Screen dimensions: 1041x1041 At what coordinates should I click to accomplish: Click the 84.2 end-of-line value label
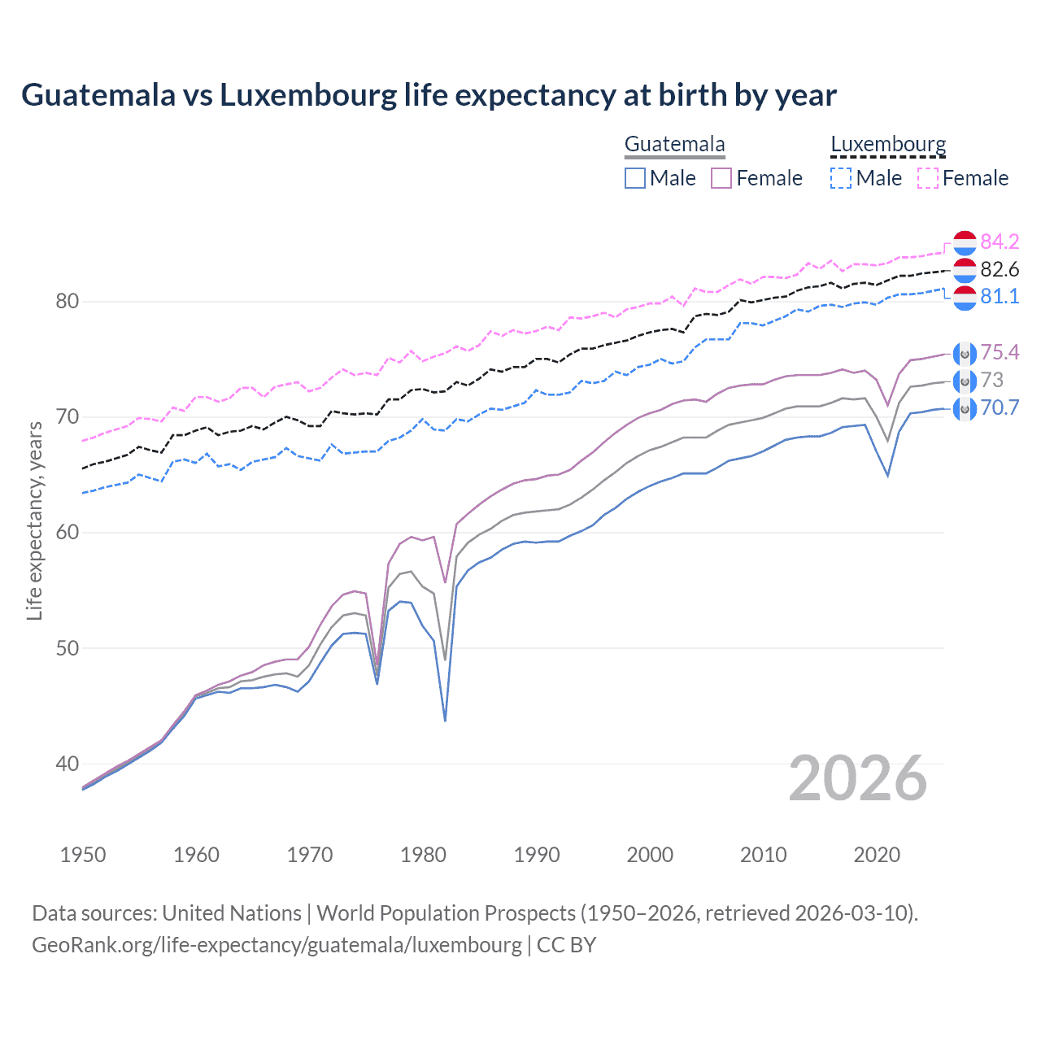pos(1000,242)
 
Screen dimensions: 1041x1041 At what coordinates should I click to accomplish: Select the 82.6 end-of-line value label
pos(1000,269)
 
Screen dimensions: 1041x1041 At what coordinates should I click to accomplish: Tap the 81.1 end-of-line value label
pos(1000,296)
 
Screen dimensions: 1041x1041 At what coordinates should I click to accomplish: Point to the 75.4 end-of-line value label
pos(1000,352)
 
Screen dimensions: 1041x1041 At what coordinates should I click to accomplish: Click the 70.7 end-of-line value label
pos(1000,407)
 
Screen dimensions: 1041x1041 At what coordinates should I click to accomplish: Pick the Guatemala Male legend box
pos(635,178)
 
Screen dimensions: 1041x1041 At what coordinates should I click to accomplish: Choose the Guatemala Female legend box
pos(721,178)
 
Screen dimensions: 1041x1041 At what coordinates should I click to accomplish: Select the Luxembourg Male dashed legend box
pos(841,178)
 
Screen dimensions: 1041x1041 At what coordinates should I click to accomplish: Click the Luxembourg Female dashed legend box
pos(928,178)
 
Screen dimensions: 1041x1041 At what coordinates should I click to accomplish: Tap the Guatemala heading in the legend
pos(674,145)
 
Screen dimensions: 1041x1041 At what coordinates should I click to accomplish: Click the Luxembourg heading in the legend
pos(888,145)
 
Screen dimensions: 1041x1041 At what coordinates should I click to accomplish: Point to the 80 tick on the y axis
pos(67,302)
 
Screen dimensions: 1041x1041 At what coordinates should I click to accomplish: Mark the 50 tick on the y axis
pos(67,649)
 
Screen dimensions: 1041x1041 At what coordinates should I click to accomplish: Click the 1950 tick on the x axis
pos(83,855)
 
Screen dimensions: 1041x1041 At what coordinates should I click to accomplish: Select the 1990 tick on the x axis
pos(537,855)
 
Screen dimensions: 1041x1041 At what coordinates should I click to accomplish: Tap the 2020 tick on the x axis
pos(877,855)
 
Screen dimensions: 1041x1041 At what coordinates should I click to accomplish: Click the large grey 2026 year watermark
pos(858,778)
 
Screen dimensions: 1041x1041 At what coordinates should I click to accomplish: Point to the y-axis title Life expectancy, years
pos(34,520)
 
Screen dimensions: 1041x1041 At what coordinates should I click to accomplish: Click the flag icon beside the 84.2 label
pos(965,242)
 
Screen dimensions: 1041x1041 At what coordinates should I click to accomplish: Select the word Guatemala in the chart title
pos(98,95)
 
